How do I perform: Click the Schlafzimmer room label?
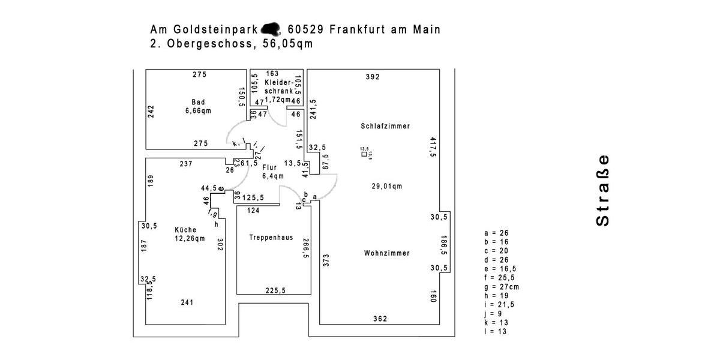385,127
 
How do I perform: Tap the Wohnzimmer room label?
386,253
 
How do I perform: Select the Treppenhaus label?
271,238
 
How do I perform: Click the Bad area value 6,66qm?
198,111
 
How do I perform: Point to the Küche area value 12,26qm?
190,239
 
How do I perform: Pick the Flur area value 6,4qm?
273,176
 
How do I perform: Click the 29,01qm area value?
386,187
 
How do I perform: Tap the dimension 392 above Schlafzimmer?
373,77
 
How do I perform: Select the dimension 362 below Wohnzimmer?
380,319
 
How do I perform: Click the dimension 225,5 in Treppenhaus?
275,290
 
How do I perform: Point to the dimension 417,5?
433,147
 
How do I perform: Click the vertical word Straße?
602,191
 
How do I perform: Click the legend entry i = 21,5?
500,305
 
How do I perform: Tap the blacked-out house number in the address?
272,28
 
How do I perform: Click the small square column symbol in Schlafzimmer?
364,154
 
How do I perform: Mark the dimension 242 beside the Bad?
151,112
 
